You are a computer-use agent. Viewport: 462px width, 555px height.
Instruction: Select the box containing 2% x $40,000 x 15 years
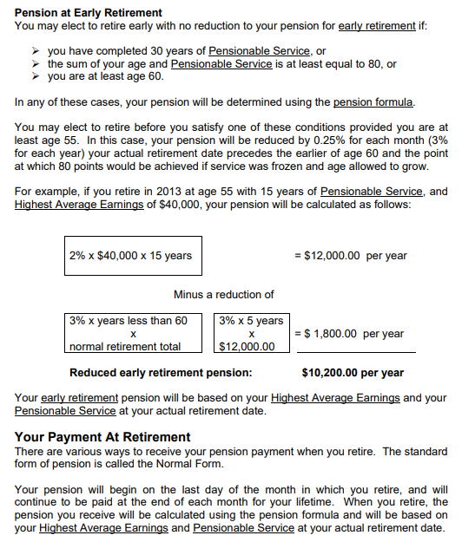pos(130,256)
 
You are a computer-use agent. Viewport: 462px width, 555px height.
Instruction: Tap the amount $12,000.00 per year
pos(351,256)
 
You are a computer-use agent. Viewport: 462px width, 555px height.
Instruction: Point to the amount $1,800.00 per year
pos(349,334)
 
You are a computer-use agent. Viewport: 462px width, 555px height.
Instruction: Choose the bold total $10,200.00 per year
pos(352,373)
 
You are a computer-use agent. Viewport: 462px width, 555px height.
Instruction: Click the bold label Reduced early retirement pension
pos(161,373)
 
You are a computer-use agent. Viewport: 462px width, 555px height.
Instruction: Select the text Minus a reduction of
pos(223,295)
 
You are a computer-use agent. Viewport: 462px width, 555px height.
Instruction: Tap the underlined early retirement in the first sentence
pos(377,26)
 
